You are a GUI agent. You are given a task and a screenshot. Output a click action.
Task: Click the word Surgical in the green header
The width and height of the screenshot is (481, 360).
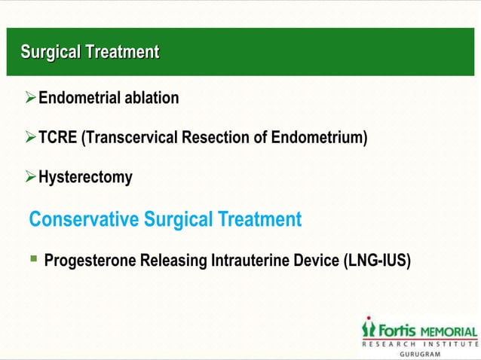(51, 52)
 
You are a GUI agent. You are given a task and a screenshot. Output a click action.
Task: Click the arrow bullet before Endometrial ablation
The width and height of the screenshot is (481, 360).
(31, 98)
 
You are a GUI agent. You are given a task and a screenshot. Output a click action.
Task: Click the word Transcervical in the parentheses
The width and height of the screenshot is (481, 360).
(127, 138)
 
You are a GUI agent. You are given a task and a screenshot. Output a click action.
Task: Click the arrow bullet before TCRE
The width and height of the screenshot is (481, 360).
(31, 138)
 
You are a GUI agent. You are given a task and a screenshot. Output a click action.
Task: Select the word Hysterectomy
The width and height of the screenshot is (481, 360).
(85, 178)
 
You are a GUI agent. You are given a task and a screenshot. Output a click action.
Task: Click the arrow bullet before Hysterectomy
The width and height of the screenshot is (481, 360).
(31, 178)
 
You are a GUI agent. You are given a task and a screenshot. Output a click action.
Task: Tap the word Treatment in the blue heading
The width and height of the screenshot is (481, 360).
(259, 220)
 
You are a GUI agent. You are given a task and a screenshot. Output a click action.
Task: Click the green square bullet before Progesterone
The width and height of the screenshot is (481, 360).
(33, 260)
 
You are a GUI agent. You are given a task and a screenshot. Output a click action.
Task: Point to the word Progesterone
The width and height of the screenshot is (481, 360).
(90, 261)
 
